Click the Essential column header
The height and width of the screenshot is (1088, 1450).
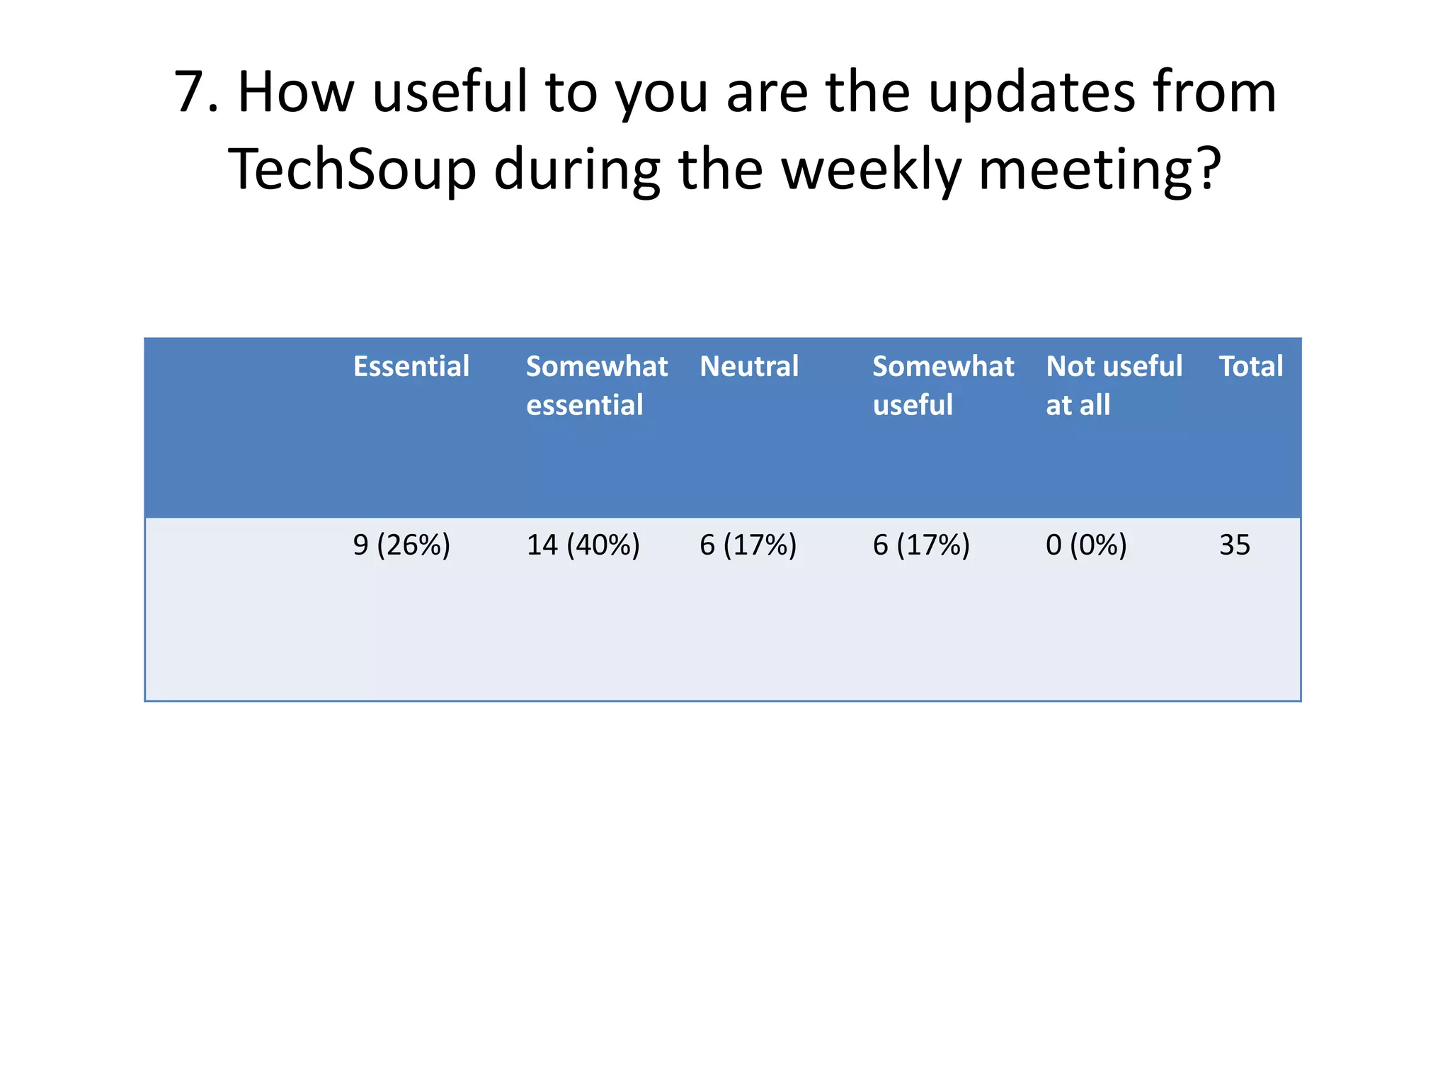coord(411,367)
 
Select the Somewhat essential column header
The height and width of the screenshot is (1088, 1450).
coord(596,386)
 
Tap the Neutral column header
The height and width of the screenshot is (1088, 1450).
coord(749,367)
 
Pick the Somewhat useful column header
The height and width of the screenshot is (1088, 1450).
coord(943,386)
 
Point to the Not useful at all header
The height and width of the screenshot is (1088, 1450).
coord(1114,386)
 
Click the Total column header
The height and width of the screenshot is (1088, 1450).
coord(1250,367)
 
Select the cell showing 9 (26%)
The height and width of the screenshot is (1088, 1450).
coord(401,545)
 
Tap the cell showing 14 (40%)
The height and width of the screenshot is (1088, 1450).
coord(583,545)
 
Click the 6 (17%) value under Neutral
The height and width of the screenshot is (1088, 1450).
coord(748,545)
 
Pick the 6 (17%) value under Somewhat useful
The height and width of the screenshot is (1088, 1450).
coord(921,545)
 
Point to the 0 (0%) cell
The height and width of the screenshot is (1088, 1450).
coord(1086,545)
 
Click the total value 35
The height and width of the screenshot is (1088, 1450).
coord(1235,545)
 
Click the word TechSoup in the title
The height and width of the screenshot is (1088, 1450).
coord(352,170)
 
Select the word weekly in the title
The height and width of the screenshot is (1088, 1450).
coord(872,170)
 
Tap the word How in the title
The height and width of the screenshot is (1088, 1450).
coord(295,93)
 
